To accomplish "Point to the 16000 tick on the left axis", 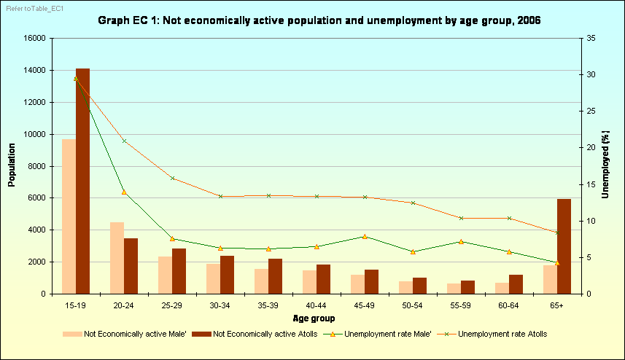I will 34,38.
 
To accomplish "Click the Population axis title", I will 12,165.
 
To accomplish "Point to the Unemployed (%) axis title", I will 605,165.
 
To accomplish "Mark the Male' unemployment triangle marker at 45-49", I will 365,236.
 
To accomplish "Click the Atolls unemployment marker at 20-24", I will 124,141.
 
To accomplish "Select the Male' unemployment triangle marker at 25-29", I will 172,238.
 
